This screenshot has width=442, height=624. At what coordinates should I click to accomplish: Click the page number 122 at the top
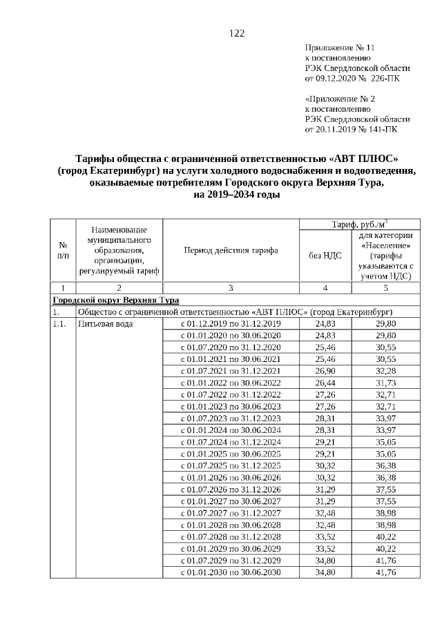point(237,33)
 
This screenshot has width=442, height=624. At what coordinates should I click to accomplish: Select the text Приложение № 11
point(339,48)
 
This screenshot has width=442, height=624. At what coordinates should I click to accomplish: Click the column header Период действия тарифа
point(231,250)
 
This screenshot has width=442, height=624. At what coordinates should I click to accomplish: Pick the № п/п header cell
point(63,250)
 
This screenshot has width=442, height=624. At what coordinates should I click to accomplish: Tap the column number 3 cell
point(231,288)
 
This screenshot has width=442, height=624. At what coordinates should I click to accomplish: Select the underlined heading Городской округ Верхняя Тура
point(116,300)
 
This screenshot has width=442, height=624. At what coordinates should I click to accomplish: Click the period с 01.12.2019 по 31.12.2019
point(231,323)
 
